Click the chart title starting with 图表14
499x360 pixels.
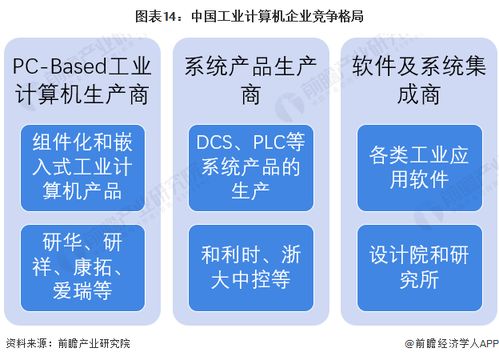pos(249,15)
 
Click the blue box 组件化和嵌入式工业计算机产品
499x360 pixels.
pos(83,165)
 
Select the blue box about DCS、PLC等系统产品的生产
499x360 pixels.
pos(249,165)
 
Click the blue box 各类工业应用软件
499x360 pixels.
pos(414,165)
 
